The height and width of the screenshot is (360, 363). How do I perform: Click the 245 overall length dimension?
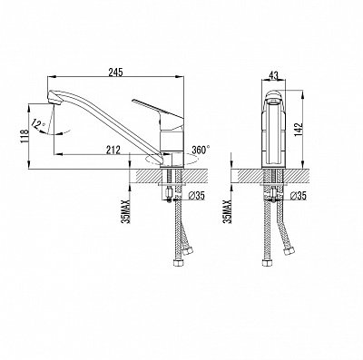116,73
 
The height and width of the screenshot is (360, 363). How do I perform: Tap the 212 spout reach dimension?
113,150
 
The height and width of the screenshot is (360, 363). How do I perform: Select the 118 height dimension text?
25,136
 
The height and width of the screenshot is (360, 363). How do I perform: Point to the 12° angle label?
38,124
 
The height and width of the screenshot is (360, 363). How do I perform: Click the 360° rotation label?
201,150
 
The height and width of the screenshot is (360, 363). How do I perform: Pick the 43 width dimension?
273,76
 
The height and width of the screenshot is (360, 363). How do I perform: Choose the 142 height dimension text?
299,130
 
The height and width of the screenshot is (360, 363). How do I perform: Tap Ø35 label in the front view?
298,196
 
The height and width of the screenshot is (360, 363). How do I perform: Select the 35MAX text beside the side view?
126,211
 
